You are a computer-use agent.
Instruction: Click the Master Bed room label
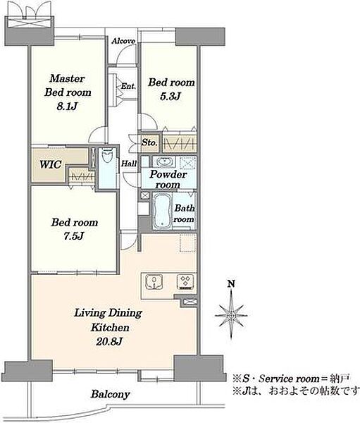click(68, 85)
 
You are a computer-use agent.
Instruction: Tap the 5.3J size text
click(170, 97)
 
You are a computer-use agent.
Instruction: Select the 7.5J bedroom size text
click(74, 236)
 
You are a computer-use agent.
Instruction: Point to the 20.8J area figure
click(109, 342)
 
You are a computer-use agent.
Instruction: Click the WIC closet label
click(51, 164)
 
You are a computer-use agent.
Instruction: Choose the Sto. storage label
click(149, 142)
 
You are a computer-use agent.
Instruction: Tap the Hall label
click(129, 164)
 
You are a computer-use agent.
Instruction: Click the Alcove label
click(123, 41)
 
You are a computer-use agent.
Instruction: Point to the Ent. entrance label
click(128, 86)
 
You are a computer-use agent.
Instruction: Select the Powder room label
click(168, 179)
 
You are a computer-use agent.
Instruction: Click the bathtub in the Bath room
click(162, 210)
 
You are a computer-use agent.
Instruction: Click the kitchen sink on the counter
click(154, 283)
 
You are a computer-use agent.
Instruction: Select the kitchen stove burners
click(186, 282)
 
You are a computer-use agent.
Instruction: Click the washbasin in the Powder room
click(164, 162)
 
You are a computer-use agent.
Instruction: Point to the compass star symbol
click(231, 314)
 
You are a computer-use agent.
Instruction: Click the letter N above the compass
click(231, 284)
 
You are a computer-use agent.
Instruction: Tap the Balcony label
click(111, 394)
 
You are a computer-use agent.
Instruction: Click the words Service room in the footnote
click(289, 379)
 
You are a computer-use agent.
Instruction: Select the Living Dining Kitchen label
click(108, 320)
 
